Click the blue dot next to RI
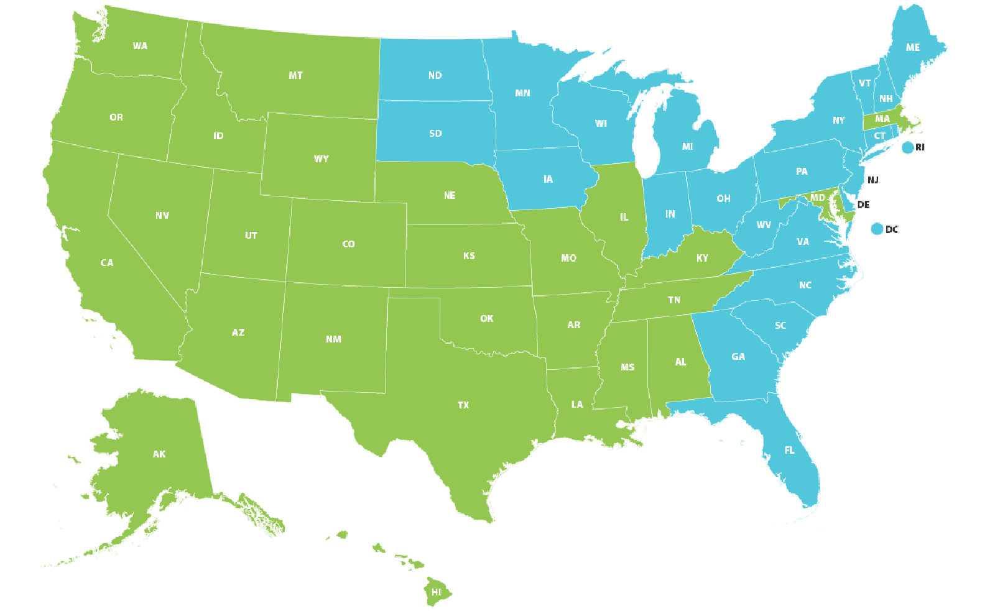click(907, 147)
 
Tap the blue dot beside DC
click(877, 229)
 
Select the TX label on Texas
click(463, 405)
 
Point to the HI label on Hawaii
click(437, 592)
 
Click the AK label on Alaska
click(159, 454)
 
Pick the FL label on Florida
click(789, 450)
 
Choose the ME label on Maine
click(912, 47)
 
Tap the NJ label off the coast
click(873, 180)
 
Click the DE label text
click(863, 204)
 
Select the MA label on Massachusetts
click(882, 119)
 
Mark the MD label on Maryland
click(817, 198)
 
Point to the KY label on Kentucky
click(702, 258)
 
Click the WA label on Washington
click(140, 46)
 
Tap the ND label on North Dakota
click(435, 76)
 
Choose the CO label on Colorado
click(348, 244)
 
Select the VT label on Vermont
click(864, 83)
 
